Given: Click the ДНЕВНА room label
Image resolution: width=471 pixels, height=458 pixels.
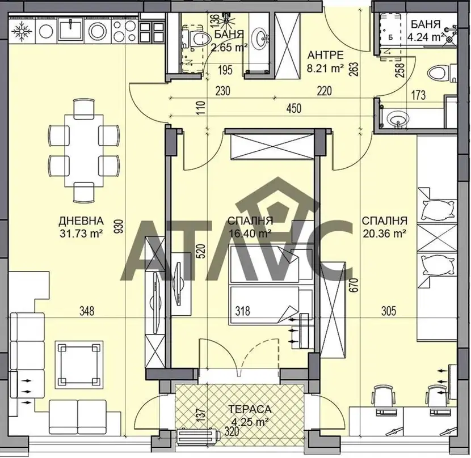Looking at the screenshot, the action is (81, 221).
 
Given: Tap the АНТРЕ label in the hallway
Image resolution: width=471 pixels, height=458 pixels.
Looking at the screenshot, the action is (326, 55).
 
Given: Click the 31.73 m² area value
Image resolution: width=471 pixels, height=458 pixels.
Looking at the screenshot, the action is (81, 233).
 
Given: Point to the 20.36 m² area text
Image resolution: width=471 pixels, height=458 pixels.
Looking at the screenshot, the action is (385, 233).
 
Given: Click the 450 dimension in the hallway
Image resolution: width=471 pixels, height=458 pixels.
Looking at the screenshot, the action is (293, 108).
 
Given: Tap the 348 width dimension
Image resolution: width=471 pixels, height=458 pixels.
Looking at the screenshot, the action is (87, 311).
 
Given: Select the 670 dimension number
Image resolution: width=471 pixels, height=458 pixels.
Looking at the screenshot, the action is (355, 286).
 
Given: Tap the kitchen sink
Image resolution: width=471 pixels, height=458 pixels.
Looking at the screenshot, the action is (70, 29).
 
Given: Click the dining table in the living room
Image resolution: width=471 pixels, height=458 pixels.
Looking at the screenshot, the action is (84, 151).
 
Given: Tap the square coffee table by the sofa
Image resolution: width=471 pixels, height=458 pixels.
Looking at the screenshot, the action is (79, 364).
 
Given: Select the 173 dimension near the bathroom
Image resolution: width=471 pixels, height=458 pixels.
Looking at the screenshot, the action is (418, 95).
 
